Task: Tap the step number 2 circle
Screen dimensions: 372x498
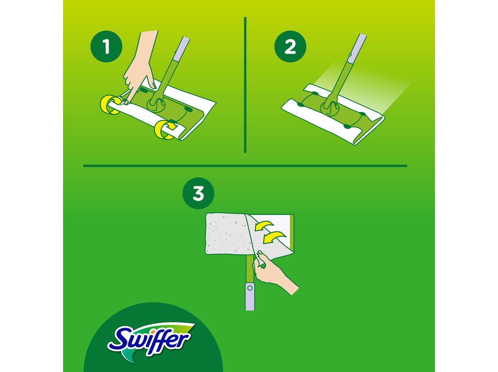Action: [290, 47]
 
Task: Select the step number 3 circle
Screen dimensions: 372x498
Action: [198, 194]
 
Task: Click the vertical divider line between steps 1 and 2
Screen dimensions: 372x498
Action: [245, 85]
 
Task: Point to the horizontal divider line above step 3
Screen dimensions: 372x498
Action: [245, 165]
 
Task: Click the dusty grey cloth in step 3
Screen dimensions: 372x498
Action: [224, 235]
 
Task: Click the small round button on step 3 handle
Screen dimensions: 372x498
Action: [250, 288]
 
